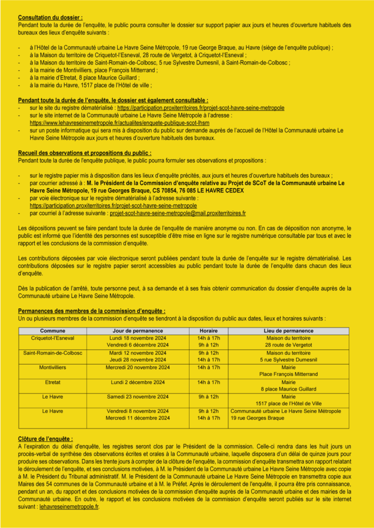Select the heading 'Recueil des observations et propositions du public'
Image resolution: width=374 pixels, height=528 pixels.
(85, 153)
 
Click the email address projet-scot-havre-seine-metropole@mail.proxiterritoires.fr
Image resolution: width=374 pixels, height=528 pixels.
(178, 212)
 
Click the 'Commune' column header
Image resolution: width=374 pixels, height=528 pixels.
(53, 331)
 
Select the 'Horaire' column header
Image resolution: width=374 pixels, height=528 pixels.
(209, 331)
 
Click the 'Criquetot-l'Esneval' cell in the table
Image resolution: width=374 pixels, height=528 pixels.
(53, 338)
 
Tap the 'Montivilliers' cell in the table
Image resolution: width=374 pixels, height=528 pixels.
(53, 368)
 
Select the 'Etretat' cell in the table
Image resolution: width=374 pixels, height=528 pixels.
(53, 382)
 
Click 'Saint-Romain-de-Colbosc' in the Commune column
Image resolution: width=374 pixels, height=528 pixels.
(53, 353)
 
